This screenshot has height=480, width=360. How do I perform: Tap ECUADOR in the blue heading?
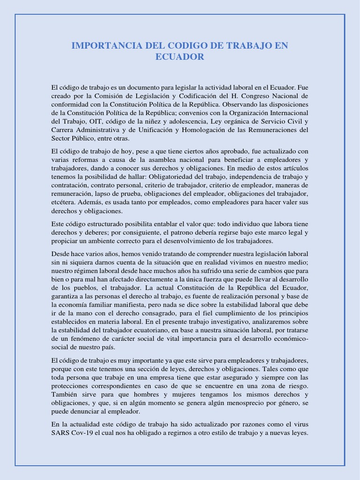[x=180, y=57]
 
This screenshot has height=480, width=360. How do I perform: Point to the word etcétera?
[x=62, y=202]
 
